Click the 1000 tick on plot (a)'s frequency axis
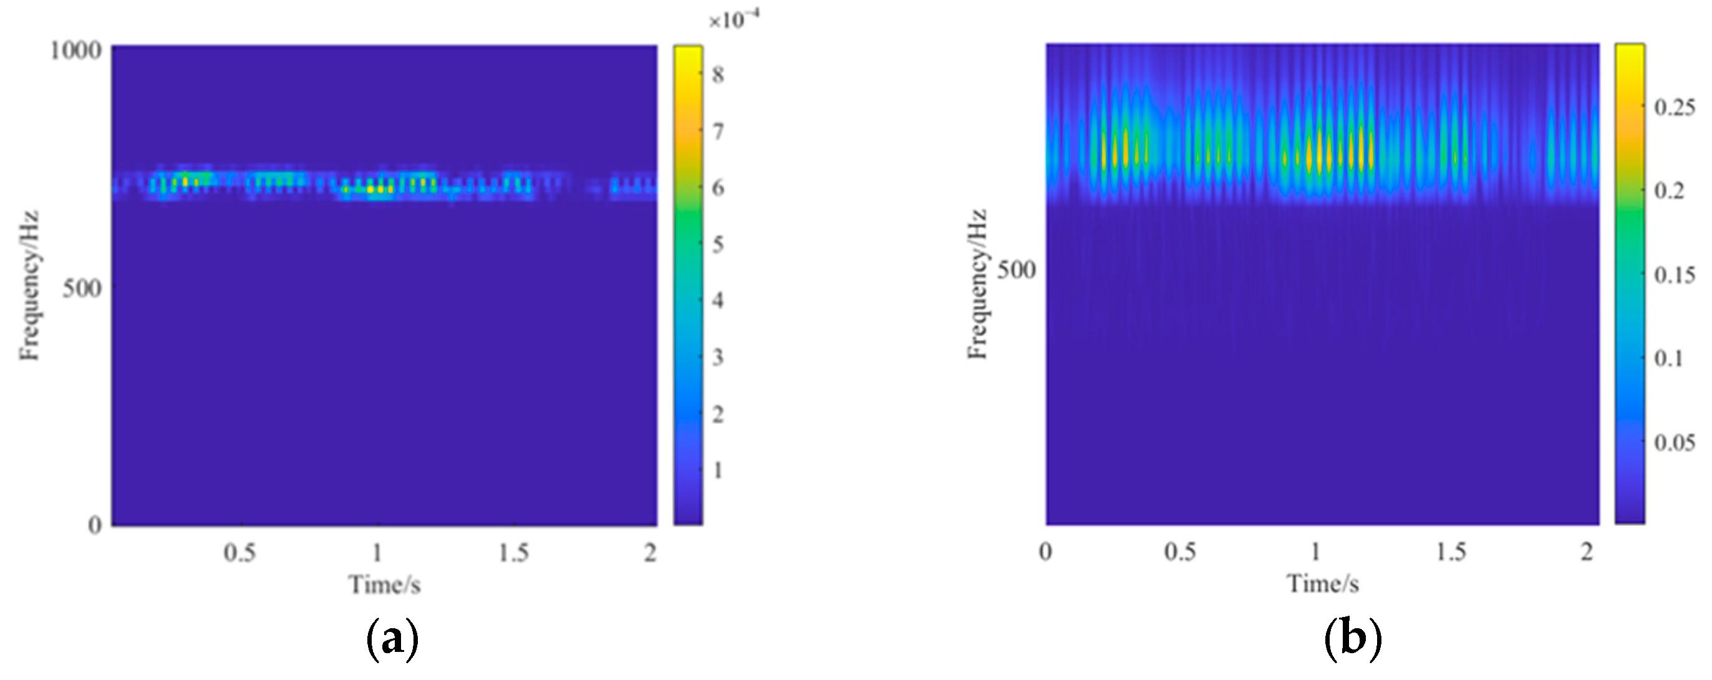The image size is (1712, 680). click(x=75, y=50)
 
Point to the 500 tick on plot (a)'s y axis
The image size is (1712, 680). click(x=81, y=288)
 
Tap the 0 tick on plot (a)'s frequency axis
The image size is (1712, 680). click(x=95, y=525)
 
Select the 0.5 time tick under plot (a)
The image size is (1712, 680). click(x=239, y=553)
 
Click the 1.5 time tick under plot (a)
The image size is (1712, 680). click(x=514, y=553)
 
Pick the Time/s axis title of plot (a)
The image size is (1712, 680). click(x=385, y=585)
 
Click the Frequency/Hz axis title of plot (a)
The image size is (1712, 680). click(x=30, y=286)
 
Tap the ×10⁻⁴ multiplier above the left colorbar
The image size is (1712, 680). click(x=733, y=21)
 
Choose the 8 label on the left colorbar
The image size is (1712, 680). click(x=718, y=74)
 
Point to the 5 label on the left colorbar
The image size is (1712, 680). click(x=718, y=245)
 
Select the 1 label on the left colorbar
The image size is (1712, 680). click(x=718, y=470)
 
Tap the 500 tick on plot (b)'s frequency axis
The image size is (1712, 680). click(x=1016, y=270)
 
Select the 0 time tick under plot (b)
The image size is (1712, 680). click(x=1046, y=552)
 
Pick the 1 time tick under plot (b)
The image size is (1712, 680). click(x=1315, y=552)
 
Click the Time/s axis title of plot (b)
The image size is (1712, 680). click(x=1323, y=585)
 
